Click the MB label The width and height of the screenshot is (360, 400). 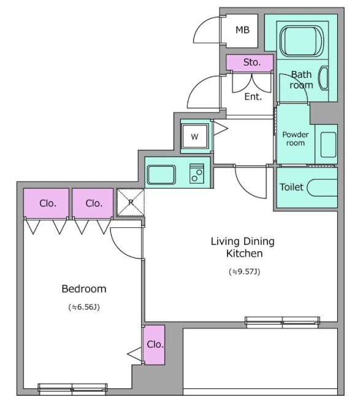tap(242, 30)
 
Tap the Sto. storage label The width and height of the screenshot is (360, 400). tap(251, 62)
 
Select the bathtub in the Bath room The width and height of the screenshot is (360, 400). tap(302, 40)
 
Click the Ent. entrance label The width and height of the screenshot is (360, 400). tap(253, 97)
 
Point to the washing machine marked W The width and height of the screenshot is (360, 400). tap(194, 137)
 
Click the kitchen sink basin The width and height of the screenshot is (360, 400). tap(161, 175)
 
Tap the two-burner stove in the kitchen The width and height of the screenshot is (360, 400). tap(197, 173)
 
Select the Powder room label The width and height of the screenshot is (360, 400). tap(296, 138)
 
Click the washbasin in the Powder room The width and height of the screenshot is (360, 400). tap(328, 145)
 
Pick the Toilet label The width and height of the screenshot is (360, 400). tap(291, 187)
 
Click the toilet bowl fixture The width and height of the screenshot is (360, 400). tap(322, 188)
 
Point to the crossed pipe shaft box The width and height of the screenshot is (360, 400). tap(131, 203)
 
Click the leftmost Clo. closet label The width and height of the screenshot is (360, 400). tap(47, 203)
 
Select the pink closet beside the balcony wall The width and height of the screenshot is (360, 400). tap(154, 345)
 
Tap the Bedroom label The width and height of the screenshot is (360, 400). tap(84, 289)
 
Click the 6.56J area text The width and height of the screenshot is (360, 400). tap(84, 307)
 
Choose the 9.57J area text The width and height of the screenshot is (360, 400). tap(244, 272)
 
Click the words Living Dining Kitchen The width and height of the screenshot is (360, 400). tap(243, 247)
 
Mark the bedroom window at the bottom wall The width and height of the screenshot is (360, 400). tap(72, 387)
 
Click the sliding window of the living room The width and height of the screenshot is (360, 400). tap(282, 322)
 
